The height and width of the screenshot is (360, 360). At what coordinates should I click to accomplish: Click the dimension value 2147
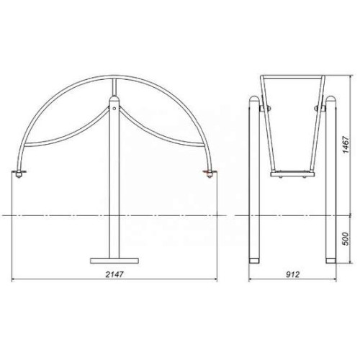[114, 274]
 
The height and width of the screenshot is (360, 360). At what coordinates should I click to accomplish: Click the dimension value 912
[293, 274]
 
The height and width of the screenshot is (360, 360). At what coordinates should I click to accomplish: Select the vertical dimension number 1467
[346, 145]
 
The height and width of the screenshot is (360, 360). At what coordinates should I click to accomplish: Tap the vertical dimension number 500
[346, 239]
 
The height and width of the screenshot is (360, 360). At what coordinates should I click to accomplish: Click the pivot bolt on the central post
[114, 108]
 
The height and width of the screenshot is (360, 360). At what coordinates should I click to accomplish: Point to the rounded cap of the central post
[114, 99]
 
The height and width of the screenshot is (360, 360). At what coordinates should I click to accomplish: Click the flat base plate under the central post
[114, 261]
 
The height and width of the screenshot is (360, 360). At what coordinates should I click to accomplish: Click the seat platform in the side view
[292, 174]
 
